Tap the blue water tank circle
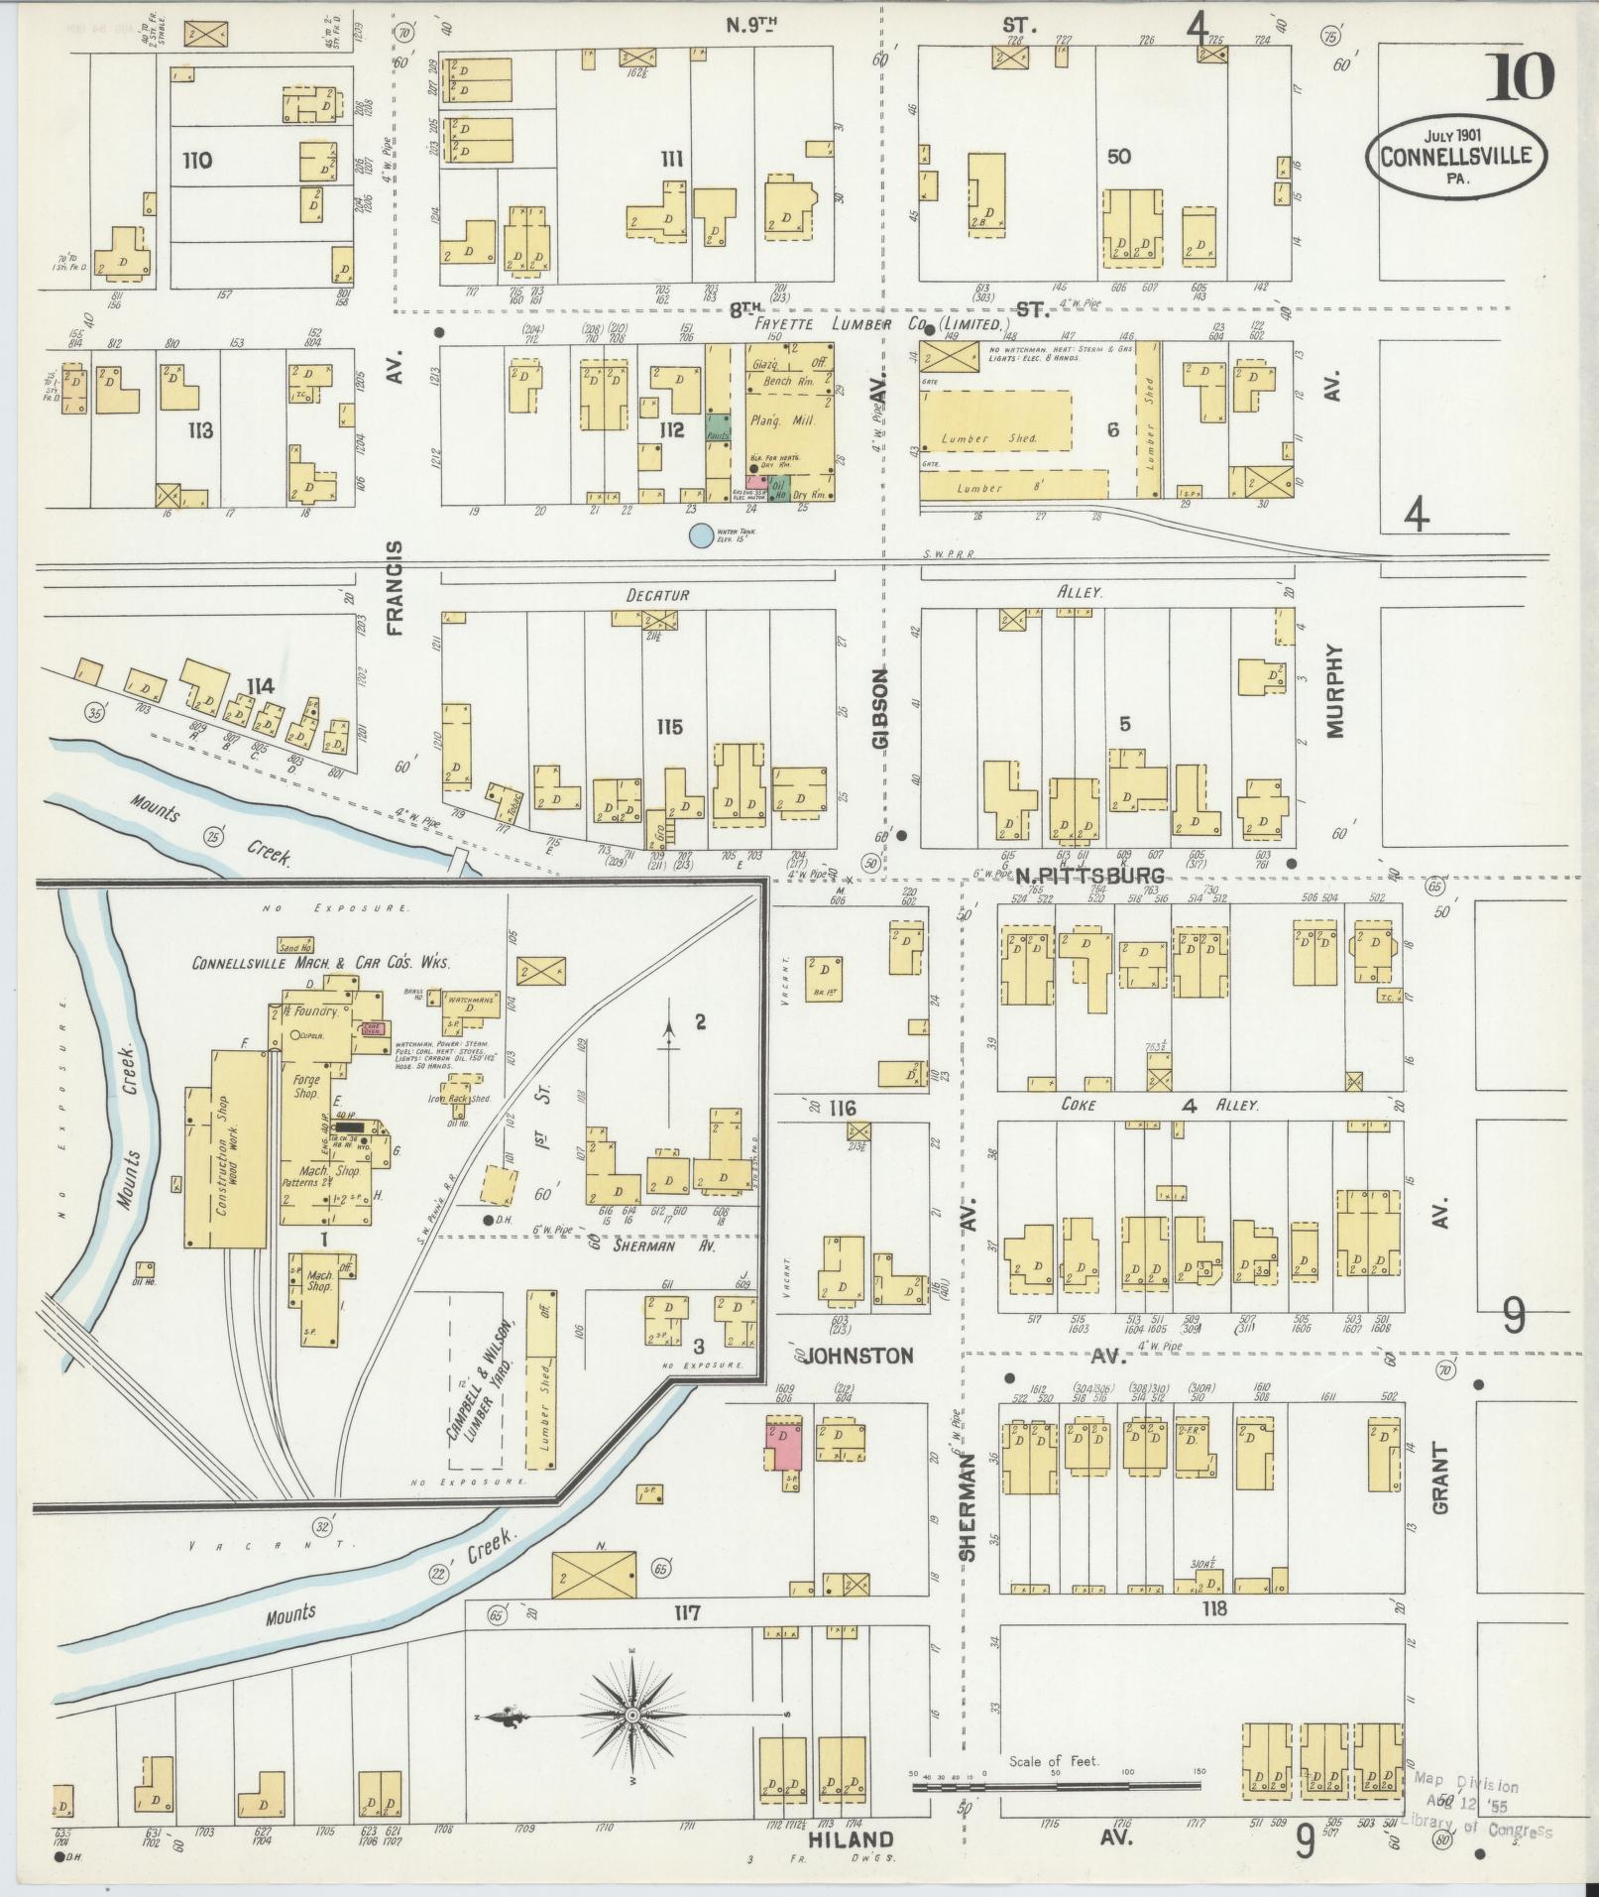[701, 535]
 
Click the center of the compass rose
[631, 1716]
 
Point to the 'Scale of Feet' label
[1058, 1762]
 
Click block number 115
[670, 727]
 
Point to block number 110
[197, 160]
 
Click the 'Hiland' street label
[852, 1839]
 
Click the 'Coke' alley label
[1078, 1104]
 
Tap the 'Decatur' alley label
[657, 594]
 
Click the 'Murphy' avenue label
[1334, 691]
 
